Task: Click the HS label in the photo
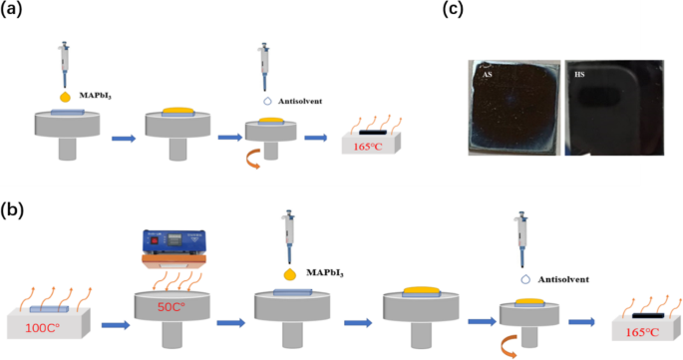click(x=580, y=75)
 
